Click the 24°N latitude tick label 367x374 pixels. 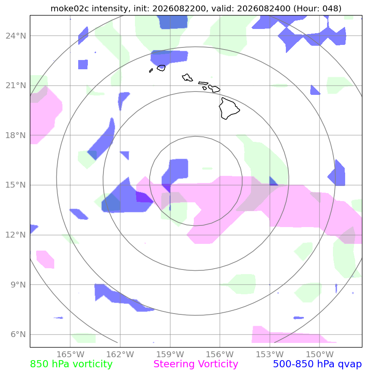coord(16,36)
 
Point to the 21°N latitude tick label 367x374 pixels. coord(16,85)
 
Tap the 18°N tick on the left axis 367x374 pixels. coord(16,135)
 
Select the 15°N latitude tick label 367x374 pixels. coord(16,185)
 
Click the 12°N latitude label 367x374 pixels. coord(16,235)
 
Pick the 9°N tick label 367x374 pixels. coord(18,285)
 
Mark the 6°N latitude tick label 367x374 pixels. coord(18,334)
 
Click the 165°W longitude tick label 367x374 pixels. coord(71,354)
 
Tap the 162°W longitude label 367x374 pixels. coord(120,354)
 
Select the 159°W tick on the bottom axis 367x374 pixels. coord(170,354)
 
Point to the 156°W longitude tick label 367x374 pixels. coord(220,354)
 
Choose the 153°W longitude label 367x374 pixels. coord(270,354)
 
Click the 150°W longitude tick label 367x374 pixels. coord(319,354)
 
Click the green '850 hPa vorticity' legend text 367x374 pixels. coord(71,364)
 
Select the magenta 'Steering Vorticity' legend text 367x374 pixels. coord(195,364)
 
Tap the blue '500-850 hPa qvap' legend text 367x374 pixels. coord(317,364)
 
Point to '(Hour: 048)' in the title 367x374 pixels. coord(317,8)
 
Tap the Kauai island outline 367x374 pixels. coord(161,68)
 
